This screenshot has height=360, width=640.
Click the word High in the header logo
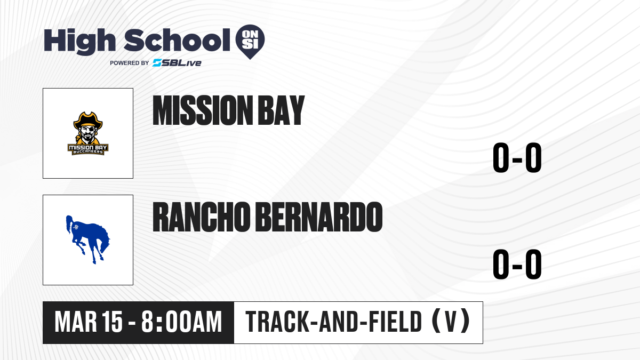[79, 41]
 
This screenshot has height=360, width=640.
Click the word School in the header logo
[177, 40]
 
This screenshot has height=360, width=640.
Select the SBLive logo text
[177, 63]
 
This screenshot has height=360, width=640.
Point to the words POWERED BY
[130, 63]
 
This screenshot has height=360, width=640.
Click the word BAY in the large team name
[282, 110]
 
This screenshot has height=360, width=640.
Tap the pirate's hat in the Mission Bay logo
[88, 120]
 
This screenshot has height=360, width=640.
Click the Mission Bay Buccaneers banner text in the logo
[88, 149]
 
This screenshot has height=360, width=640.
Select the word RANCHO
[202, 217]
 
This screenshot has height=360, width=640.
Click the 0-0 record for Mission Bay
[517, 157]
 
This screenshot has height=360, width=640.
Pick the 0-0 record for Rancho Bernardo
[517, 264]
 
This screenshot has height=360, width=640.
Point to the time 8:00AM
[182, 322]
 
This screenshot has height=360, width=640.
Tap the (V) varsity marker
[451, 322]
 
